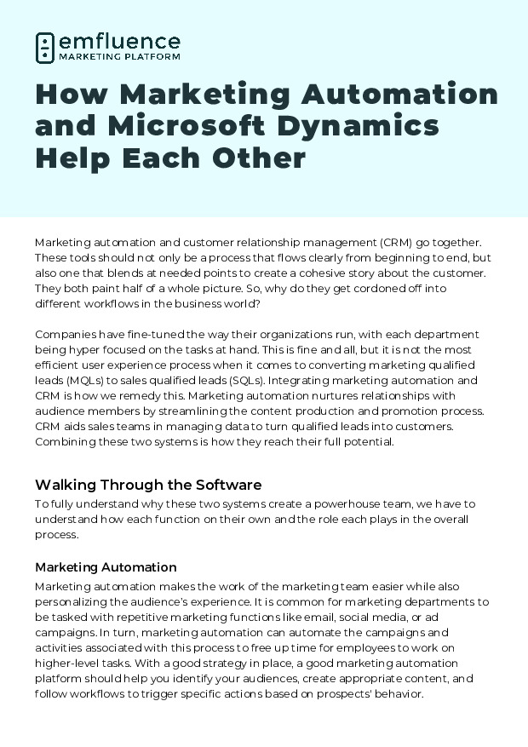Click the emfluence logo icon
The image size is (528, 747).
(x=45, y=48)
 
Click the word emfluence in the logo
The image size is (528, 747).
(x=119, y=42)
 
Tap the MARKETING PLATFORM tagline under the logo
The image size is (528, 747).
(x=119, y=57)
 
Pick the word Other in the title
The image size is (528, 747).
(x=261, y=158)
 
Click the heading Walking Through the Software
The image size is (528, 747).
(x=148, y=485)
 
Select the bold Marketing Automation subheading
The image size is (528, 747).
(x=106, y=566)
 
